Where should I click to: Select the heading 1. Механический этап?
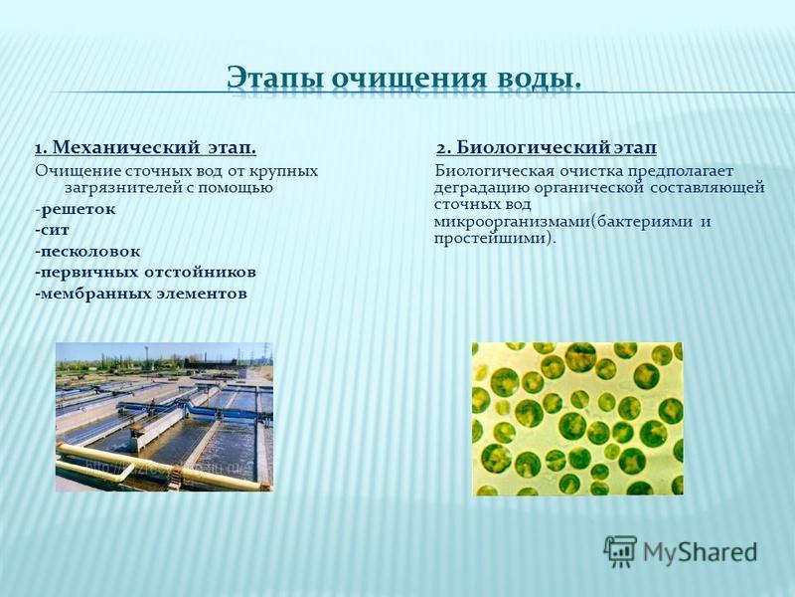[145, 147]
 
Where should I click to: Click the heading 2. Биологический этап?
[548, 147]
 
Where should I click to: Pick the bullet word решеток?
[79, 209]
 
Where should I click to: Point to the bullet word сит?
[55, 230]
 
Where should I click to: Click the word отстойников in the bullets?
[201, 272]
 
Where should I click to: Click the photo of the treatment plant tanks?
[164, 417]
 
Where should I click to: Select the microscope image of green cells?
[577, 419]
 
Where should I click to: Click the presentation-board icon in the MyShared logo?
[620, 551]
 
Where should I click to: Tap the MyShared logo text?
[701, 552]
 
